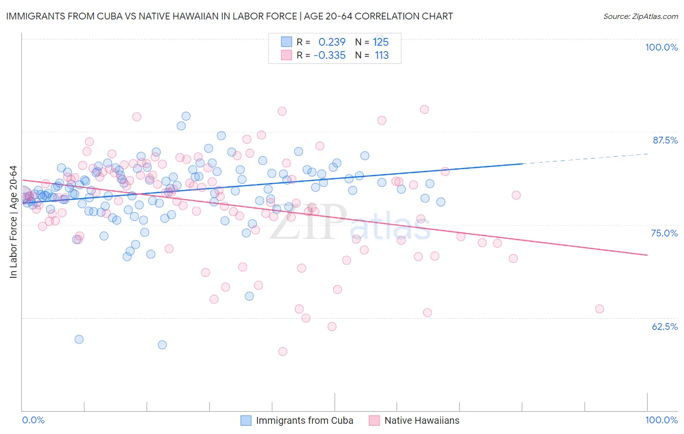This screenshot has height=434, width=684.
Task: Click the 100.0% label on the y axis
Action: point(661,47)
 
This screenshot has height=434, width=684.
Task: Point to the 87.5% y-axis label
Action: point(665,140)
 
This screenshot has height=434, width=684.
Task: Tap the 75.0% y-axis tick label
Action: point(664,233)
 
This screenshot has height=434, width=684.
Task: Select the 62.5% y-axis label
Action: point(665,326)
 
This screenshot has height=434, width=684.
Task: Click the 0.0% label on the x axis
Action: point(33,420)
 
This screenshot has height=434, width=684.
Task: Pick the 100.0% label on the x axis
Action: point(661,420)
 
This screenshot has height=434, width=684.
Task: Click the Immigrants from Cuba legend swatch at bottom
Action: point(246,420)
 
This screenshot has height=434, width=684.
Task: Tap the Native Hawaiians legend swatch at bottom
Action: point(374,420)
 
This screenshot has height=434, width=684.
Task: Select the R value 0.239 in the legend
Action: point(332,42)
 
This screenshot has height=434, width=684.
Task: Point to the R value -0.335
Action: point(329,55)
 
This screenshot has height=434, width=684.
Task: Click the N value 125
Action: point(381,42)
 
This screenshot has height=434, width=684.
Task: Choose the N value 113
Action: point(381,55)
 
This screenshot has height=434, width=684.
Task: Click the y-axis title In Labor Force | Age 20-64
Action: point(14,222)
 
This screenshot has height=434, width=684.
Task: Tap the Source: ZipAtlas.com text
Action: point(640,17)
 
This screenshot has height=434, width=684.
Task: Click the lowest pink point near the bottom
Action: point(283,351)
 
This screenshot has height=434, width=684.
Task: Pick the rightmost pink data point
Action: point(599,309)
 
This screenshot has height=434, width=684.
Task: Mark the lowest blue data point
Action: point(162,344)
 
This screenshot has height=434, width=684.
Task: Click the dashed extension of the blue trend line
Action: point(584,159)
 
